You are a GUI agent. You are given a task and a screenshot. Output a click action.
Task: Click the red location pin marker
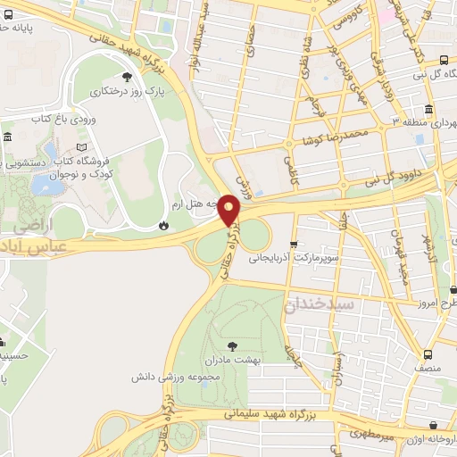230,210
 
